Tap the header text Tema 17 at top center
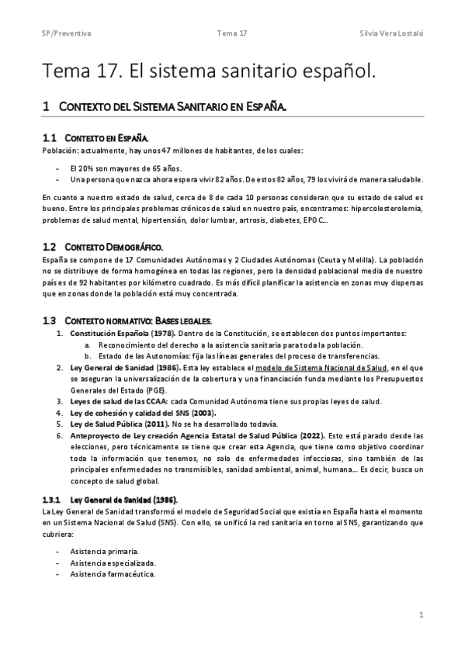click(232, 35)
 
